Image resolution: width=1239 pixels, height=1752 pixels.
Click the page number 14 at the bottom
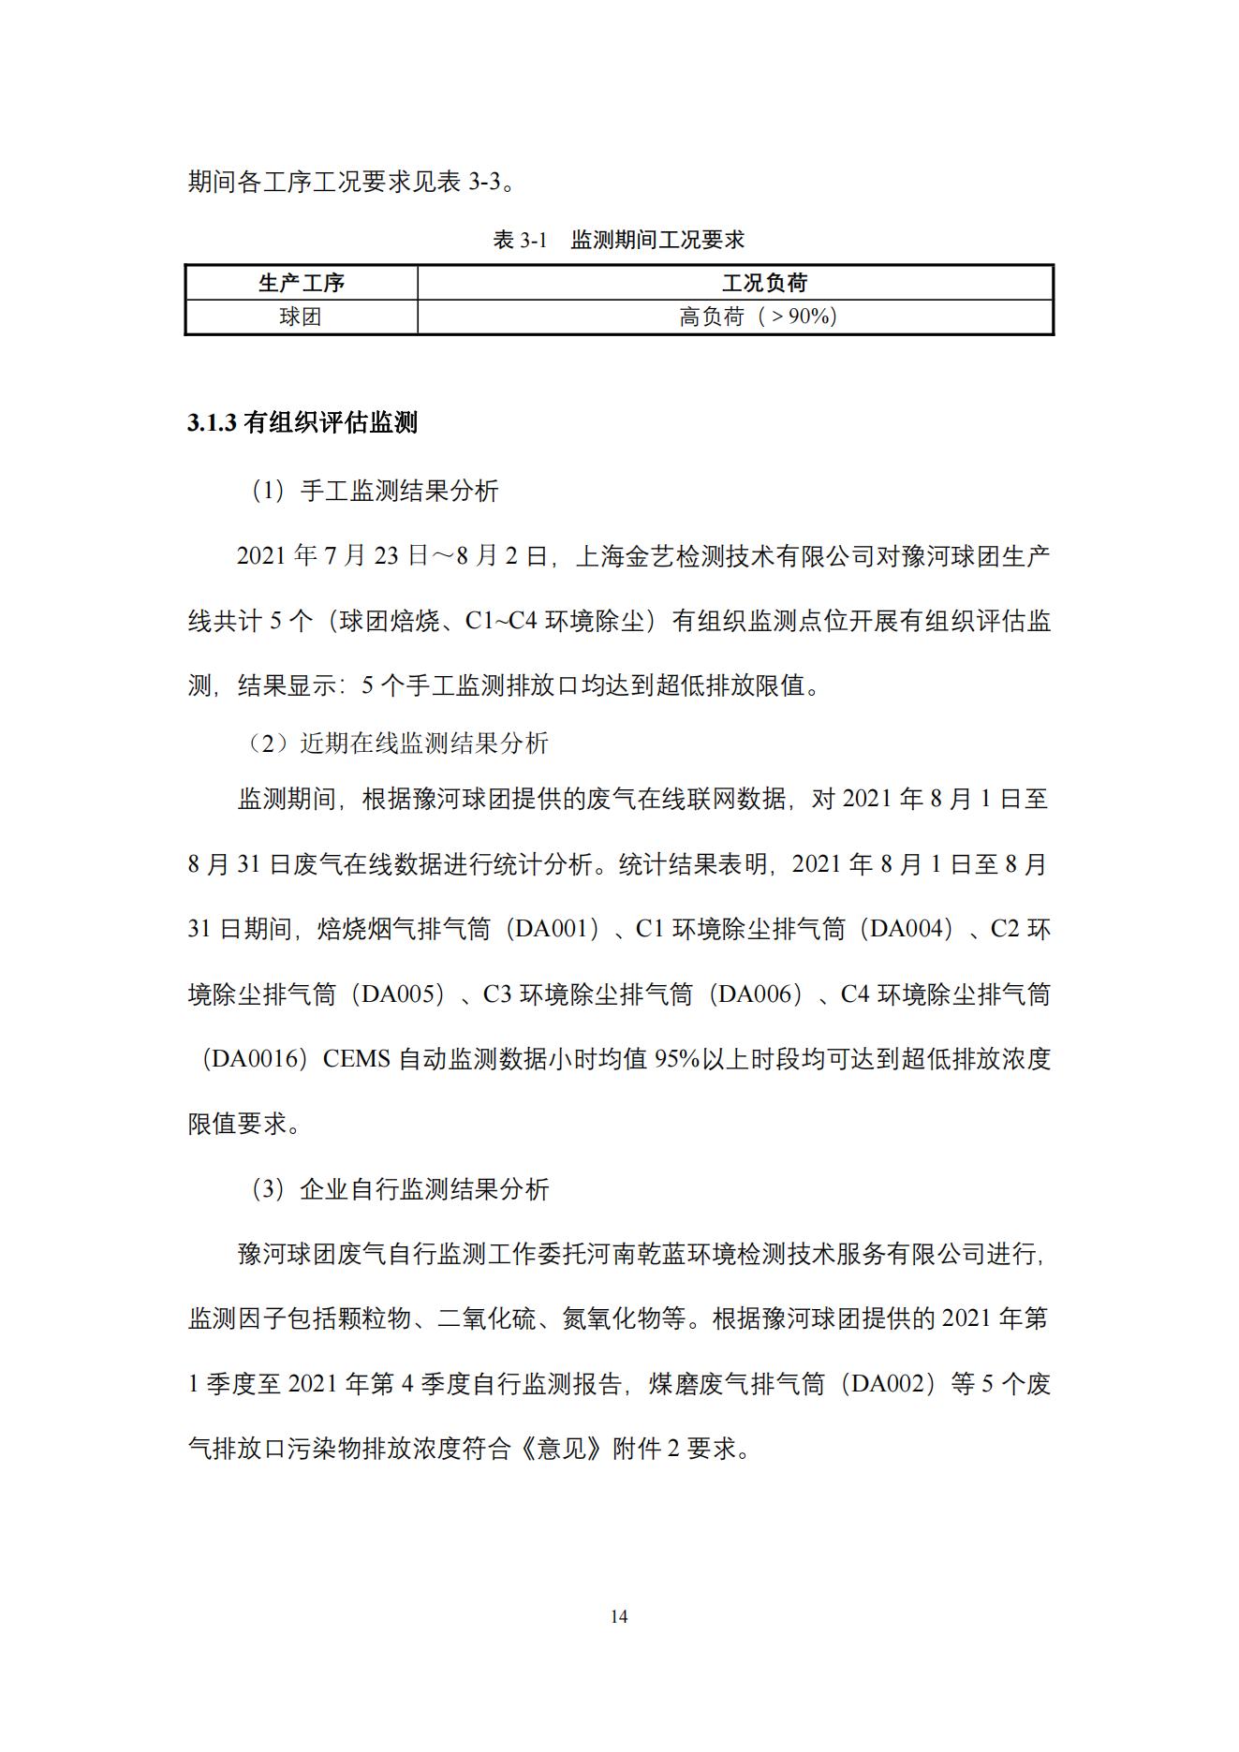(x=618, y=1616)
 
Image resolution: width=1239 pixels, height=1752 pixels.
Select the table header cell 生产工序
(x=301, y=283)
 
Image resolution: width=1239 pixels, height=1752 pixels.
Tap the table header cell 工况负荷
(x=763, y=283)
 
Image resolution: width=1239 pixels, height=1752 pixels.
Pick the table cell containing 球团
(x=301, y=317)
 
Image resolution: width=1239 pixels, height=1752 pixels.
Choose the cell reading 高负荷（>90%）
(x=758, y=317)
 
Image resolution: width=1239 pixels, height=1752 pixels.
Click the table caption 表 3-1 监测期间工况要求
(x=618, y=240)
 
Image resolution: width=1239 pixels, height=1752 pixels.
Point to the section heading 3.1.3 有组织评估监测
(x=302, y=423)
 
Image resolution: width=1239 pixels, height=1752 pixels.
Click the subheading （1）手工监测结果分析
(x=375, y=491)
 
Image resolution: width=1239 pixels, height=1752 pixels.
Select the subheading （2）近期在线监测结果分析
(x=397, y=743)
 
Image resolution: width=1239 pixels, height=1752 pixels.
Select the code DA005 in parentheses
(x=403, y=994)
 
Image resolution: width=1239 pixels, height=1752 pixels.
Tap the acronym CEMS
(x=356, y=1059)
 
